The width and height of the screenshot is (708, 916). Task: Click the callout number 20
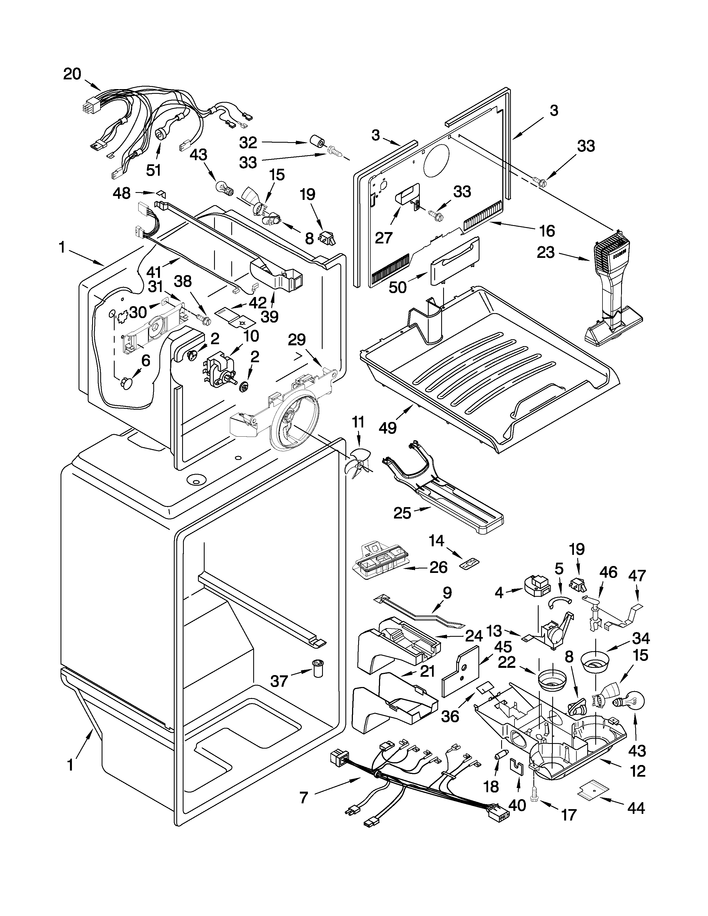pos(72,74)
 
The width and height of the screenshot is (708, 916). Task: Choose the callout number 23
pos(546,253)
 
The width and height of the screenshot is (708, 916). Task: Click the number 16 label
pos(546,230)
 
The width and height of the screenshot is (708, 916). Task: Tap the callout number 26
pos(438,567)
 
